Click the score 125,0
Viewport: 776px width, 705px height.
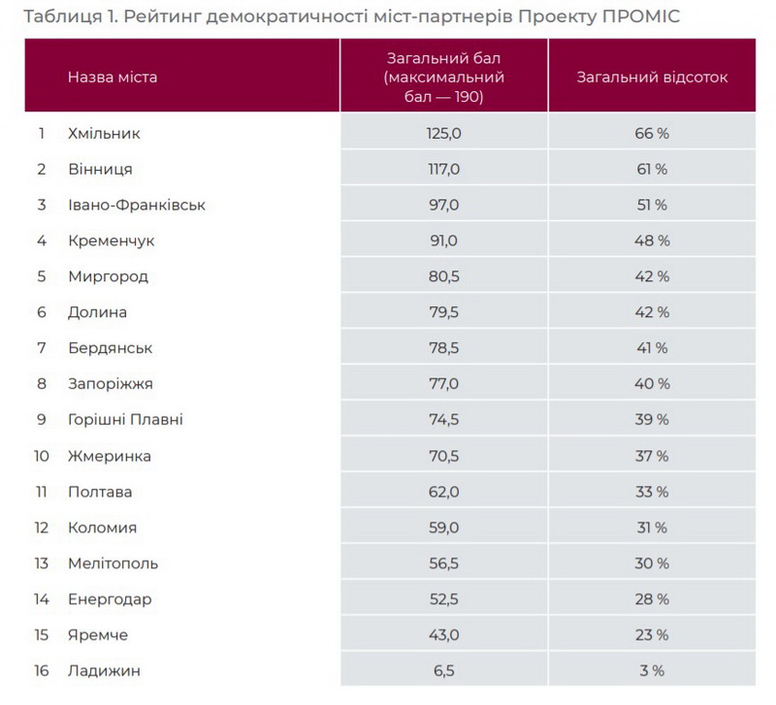click(443, 134)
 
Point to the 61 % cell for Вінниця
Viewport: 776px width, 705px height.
click(652, 170)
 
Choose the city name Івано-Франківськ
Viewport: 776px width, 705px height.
click(137, 206)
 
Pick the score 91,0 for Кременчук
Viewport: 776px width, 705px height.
click(443, 241)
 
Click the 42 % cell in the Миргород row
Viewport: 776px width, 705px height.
click(652, 277)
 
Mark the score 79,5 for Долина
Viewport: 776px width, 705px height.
click(443, 313)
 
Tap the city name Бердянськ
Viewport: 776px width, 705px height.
click(111, 348)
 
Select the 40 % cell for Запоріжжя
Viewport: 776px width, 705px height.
click(652, 384)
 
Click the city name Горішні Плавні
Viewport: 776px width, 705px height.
click(126, 420)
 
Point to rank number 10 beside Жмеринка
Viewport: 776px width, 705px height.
click(42, 456)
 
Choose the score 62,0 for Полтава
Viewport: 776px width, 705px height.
click(443, 492)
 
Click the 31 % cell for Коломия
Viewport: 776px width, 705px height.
click(652, 529)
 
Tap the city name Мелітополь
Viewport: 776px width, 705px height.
click(113, 563)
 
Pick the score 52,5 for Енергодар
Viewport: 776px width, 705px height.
click(443, 599)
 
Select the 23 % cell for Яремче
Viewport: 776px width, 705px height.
click(652, 635)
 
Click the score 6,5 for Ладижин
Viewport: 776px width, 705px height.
click(443, 671)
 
